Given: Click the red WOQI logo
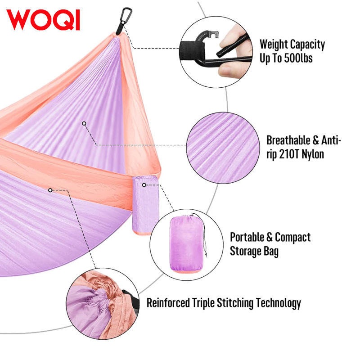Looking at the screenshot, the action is pos(43,20).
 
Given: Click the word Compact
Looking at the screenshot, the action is pos(293,237).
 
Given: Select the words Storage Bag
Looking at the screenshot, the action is pos(254,251).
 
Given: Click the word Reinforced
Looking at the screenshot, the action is pos(168,303).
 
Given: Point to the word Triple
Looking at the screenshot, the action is pos(207,303).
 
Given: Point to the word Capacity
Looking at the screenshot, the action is pos(308,45).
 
